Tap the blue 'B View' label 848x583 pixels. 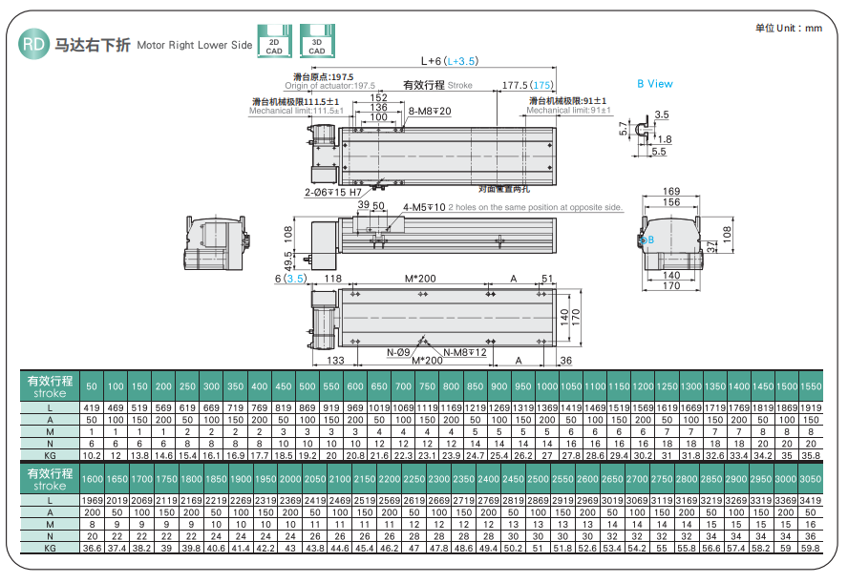pyautogui.click(x=655, y=84)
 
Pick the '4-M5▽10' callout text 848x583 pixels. pyautogui.click(x=424, y=206)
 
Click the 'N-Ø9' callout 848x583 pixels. pyautogui.click(x=399, y=352)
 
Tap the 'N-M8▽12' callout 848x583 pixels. pyautogui.click(x=465, y=352)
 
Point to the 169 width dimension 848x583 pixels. pyautogui.click(x=671, y=191)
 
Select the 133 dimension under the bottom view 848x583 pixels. pyautogui.click(x=335, y=361)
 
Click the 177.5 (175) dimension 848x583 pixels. pyautogui.click(x=528, y=86)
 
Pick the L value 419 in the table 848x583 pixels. pyautogui.click(x=92, y=408)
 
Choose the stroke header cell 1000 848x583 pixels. pyautogui.click(x=546, y=385)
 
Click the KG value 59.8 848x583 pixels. pyautogui.click(x=810, y=549)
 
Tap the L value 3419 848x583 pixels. pyautogui.click(x=810, y=500)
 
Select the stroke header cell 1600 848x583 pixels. pyautogui.click(x=92, y=478)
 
